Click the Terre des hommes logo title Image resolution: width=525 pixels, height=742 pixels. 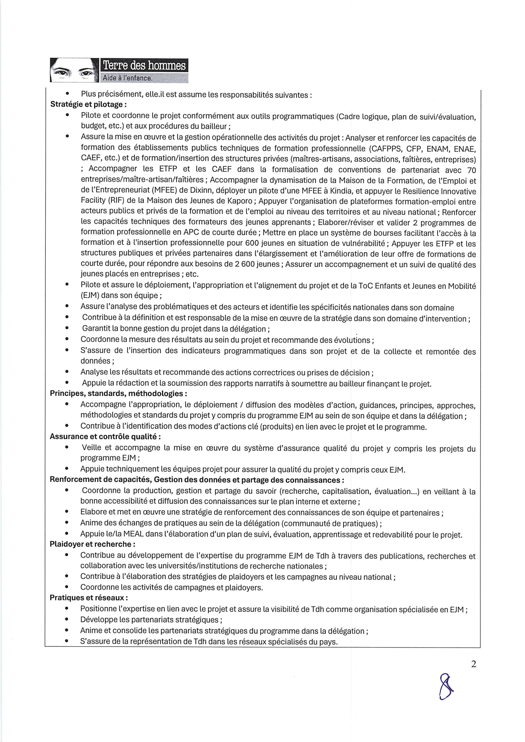tap(144, 66)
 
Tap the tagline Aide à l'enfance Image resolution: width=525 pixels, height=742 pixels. tap(127, 78)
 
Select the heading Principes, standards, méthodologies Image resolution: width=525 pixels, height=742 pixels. tap(118, 393)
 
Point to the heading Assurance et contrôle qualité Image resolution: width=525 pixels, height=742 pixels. tap(105, 436)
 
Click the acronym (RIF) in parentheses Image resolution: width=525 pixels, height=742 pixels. tap(117, 201)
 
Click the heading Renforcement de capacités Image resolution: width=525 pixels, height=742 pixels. tap(100, 480)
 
